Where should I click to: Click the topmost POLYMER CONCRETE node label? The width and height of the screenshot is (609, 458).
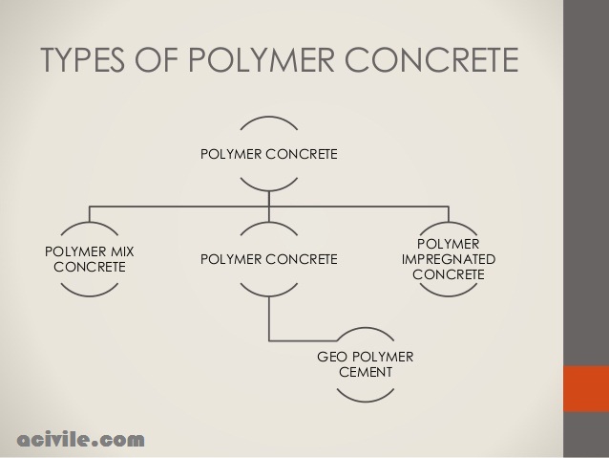click(268, 154)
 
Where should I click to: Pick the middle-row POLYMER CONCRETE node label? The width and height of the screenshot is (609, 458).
click(268, 259)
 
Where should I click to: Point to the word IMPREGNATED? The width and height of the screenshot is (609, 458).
click(448, 259)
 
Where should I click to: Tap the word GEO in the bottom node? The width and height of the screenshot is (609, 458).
click(333, 357)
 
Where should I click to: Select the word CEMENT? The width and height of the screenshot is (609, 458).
click(365, 371)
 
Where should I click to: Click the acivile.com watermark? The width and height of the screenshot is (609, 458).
click(81, 440)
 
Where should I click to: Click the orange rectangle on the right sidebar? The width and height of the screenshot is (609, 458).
click(585, 389)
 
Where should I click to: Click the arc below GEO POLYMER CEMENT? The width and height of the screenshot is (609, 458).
click(365, 397)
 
